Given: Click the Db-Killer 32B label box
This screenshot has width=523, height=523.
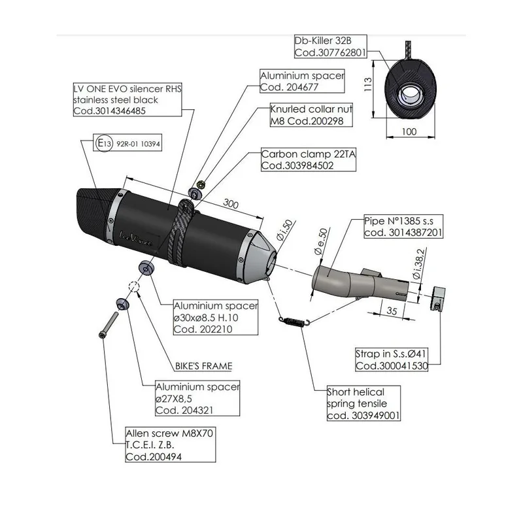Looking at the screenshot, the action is coord(331,46).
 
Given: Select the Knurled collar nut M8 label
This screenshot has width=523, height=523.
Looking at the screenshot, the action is coord(311,115).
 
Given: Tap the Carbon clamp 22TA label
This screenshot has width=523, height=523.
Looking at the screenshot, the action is coord(309,160).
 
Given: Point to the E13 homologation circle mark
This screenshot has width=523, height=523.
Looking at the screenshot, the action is coord(105,143).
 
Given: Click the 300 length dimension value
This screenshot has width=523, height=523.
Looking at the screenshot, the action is coord(231,203).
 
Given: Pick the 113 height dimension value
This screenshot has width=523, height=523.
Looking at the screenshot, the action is coord(367,84).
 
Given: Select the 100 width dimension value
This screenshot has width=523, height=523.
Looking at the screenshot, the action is coord(409,131).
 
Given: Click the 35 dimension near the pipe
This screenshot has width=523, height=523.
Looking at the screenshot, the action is coord(392,311).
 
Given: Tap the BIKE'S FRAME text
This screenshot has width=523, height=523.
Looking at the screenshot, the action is coord(203,366).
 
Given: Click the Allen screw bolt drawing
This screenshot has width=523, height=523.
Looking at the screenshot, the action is coord(109,325).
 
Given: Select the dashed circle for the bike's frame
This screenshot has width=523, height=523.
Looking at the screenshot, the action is coord(134,286).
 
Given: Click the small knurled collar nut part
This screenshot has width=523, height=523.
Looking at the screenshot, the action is coord(201,184).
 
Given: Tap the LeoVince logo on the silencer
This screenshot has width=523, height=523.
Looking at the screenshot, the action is coord(135,239).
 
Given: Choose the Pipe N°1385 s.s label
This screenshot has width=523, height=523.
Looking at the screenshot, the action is coord(403,226).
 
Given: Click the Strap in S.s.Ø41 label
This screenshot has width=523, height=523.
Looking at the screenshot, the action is coord(392,360).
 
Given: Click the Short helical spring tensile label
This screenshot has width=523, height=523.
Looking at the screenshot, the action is coord(363,403).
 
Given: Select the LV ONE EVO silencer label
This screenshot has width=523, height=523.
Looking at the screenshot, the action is coord(127,100).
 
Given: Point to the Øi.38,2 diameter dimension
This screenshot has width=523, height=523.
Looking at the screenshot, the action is coord(418,263).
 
